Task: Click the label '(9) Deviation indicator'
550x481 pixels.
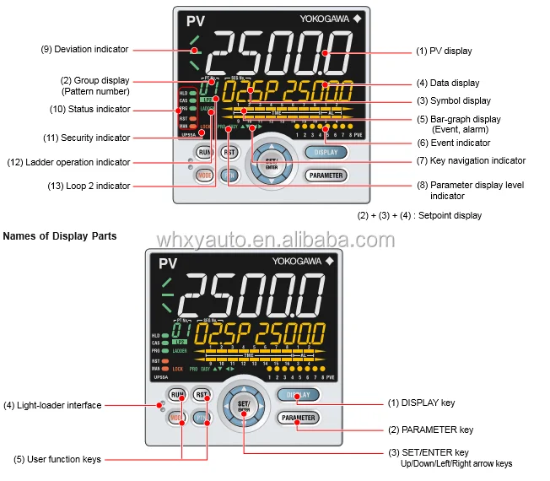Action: click(x=84, y=49)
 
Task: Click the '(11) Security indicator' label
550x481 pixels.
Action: click(x=89, y=138)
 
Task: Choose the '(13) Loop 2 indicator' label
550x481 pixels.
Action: click(x=89, y=186)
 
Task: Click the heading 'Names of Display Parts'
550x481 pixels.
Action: click(x=60, y=236)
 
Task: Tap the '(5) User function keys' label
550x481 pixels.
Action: click(x=57, y=460)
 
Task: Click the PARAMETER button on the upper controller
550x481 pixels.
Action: click(x=326, y=176)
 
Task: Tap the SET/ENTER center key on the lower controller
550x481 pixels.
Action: click(x=244, y=406)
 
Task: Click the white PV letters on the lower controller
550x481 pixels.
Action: click(x=167, y=265)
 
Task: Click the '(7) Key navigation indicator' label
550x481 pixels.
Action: click(x=471, y=160)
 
